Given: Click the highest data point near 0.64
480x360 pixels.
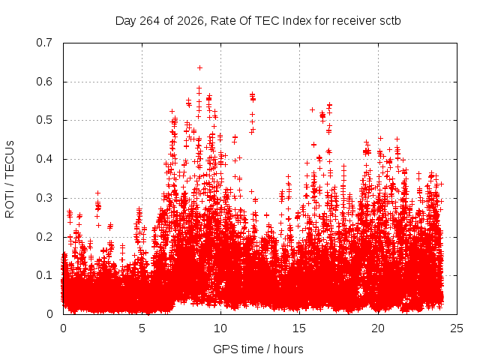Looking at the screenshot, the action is [x=199, y=67].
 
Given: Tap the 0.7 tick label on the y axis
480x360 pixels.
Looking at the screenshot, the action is [x=44, y=43].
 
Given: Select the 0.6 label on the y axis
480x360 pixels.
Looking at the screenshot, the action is [x=44, y=82].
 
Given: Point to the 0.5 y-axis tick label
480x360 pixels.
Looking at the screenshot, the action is [x=44, y=120].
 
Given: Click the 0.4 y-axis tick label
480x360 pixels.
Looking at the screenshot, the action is [x=44, y=159].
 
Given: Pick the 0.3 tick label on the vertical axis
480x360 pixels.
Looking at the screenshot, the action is [x=44, y=198].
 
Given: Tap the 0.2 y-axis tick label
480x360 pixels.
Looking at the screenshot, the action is [x=44, y=237].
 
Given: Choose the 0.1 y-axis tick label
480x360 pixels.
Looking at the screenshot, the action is [x=44, y=275].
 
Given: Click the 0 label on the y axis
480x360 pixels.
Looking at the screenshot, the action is [x=49, y=314].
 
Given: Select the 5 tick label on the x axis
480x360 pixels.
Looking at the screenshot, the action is [x=142, y=328].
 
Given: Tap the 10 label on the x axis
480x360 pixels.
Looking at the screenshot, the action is [x=220, y=328].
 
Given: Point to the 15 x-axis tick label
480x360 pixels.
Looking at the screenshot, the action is [x=299, y=328].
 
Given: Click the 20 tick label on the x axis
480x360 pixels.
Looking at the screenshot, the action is [x=378, y=328].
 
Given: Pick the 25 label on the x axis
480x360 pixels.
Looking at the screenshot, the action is [x=457, y=328].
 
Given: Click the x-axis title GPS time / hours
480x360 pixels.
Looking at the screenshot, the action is [x=258, y=349].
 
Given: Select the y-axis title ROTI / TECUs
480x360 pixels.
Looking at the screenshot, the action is [x=10, y=179].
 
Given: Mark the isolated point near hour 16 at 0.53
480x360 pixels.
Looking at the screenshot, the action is [x=312, y=109].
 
